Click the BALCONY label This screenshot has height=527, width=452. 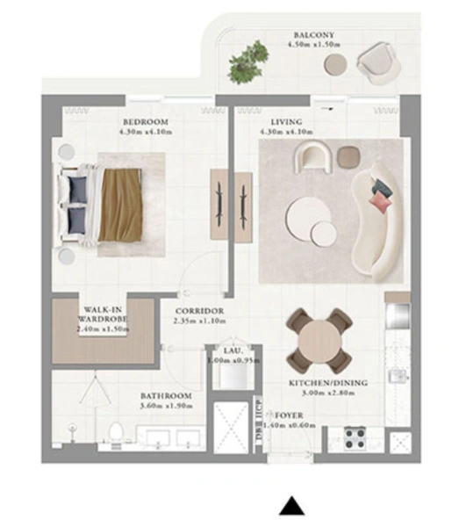tap(314, 35)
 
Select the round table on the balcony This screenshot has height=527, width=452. tap(336, 63)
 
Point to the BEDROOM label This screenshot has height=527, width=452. tap(146, 121)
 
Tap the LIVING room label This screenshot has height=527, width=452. tap(286, 121)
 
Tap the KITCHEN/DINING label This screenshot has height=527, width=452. tap(328, 383)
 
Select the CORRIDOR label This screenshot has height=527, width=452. tap(199, 311)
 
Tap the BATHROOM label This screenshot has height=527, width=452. tap(166, 395)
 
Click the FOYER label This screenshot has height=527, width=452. tap(289, 413)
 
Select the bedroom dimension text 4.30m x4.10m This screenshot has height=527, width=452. tap(146, 133)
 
